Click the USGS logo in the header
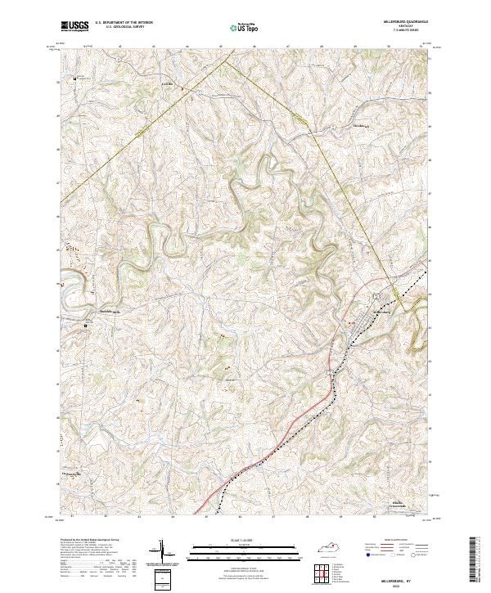point(74,26)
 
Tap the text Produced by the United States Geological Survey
point(87,541)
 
